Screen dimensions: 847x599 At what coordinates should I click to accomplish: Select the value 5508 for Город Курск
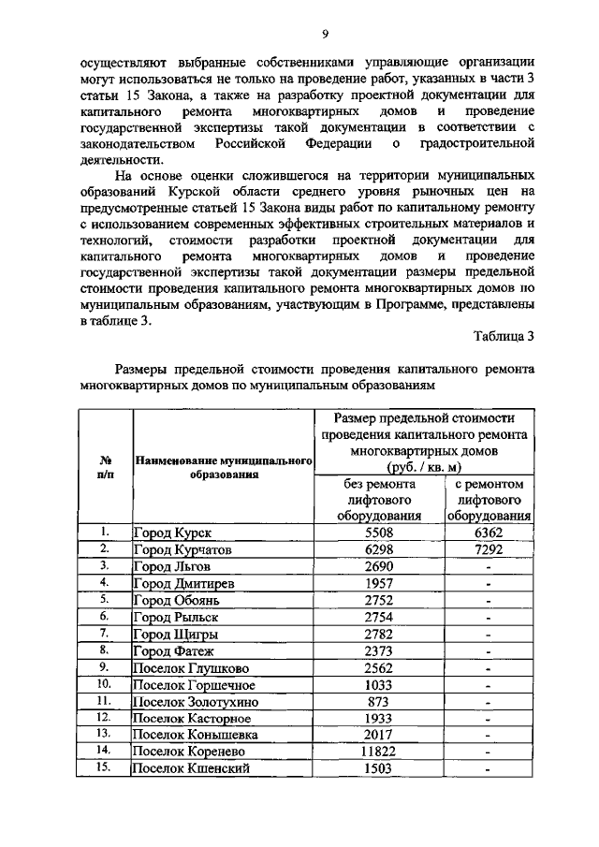[379, 532]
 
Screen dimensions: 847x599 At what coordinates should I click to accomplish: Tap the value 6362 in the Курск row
[489, 532]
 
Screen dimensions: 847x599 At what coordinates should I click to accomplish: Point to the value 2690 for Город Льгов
[379, 565]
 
